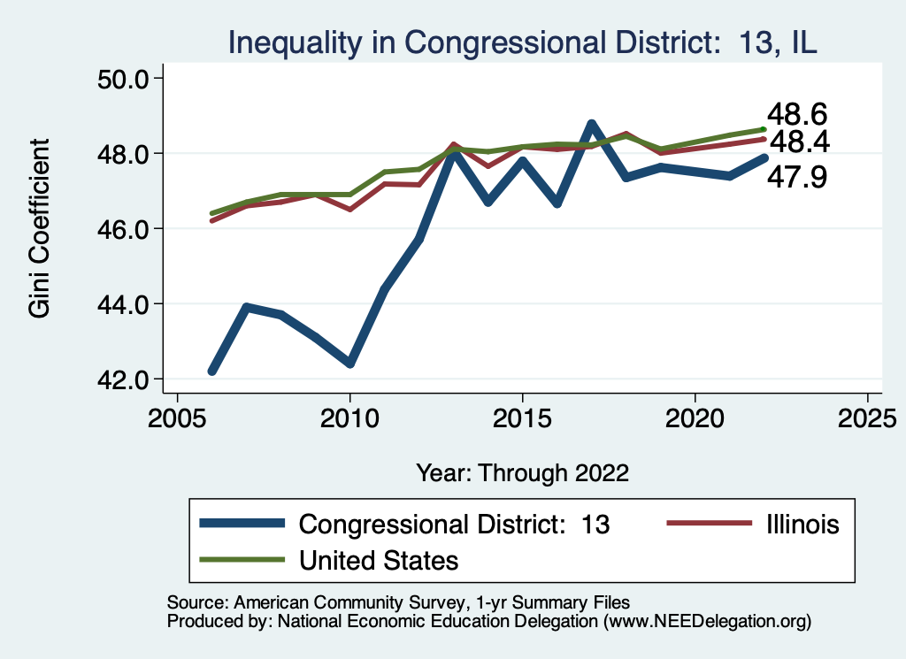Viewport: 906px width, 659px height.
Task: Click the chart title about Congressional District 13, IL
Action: [522, 42]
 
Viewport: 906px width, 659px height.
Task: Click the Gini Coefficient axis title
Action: [38, 228]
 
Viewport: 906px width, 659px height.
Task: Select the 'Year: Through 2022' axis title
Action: [522, 472]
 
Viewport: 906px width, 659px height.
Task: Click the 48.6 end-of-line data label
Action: [796, 114]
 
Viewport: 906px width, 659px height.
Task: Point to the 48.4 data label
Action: [800, 141]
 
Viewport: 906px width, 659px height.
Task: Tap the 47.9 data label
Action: [796, 177]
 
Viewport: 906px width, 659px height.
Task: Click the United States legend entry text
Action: [379, 560]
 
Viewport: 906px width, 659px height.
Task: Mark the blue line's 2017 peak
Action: [591, 124]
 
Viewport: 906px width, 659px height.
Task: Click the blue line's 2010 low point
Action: [350, 364]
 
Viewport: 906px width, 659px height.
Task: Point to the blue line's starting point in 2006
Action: [212, 372]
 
